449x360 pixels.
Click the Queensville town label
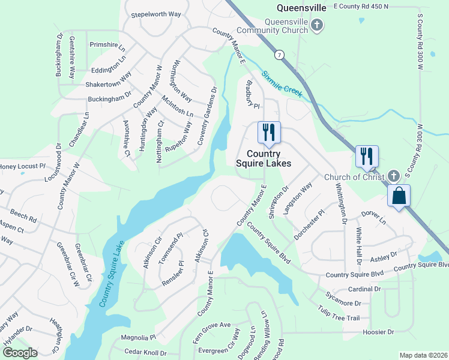pyautogui.click(x=301, y=8)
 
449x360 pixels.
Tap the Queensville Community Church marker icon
pyautogui.click(x=318, y=25)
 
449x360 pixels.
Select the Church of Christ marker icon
pyautogui.click(x=393, y=176)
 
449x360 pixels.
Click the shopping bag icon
pyautogui.click(x=399, y=196)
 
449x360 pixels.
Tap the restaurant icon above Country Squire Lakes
pyautogui.click(x=269, y=132)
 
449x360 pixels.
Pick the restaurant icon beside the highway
pyautogui.click(x=366, y=156)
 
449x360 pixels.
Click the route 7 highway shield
pyautogui.click(x=279, y=55)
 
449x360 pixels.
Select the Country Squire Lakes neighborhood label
pyautogui.click(x=263, y=158)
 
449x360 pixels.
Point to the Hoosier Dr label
pyautogui.click(x=378, y=332)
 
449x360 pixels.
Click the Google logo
pyautogui.click(x=19, y=353)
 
